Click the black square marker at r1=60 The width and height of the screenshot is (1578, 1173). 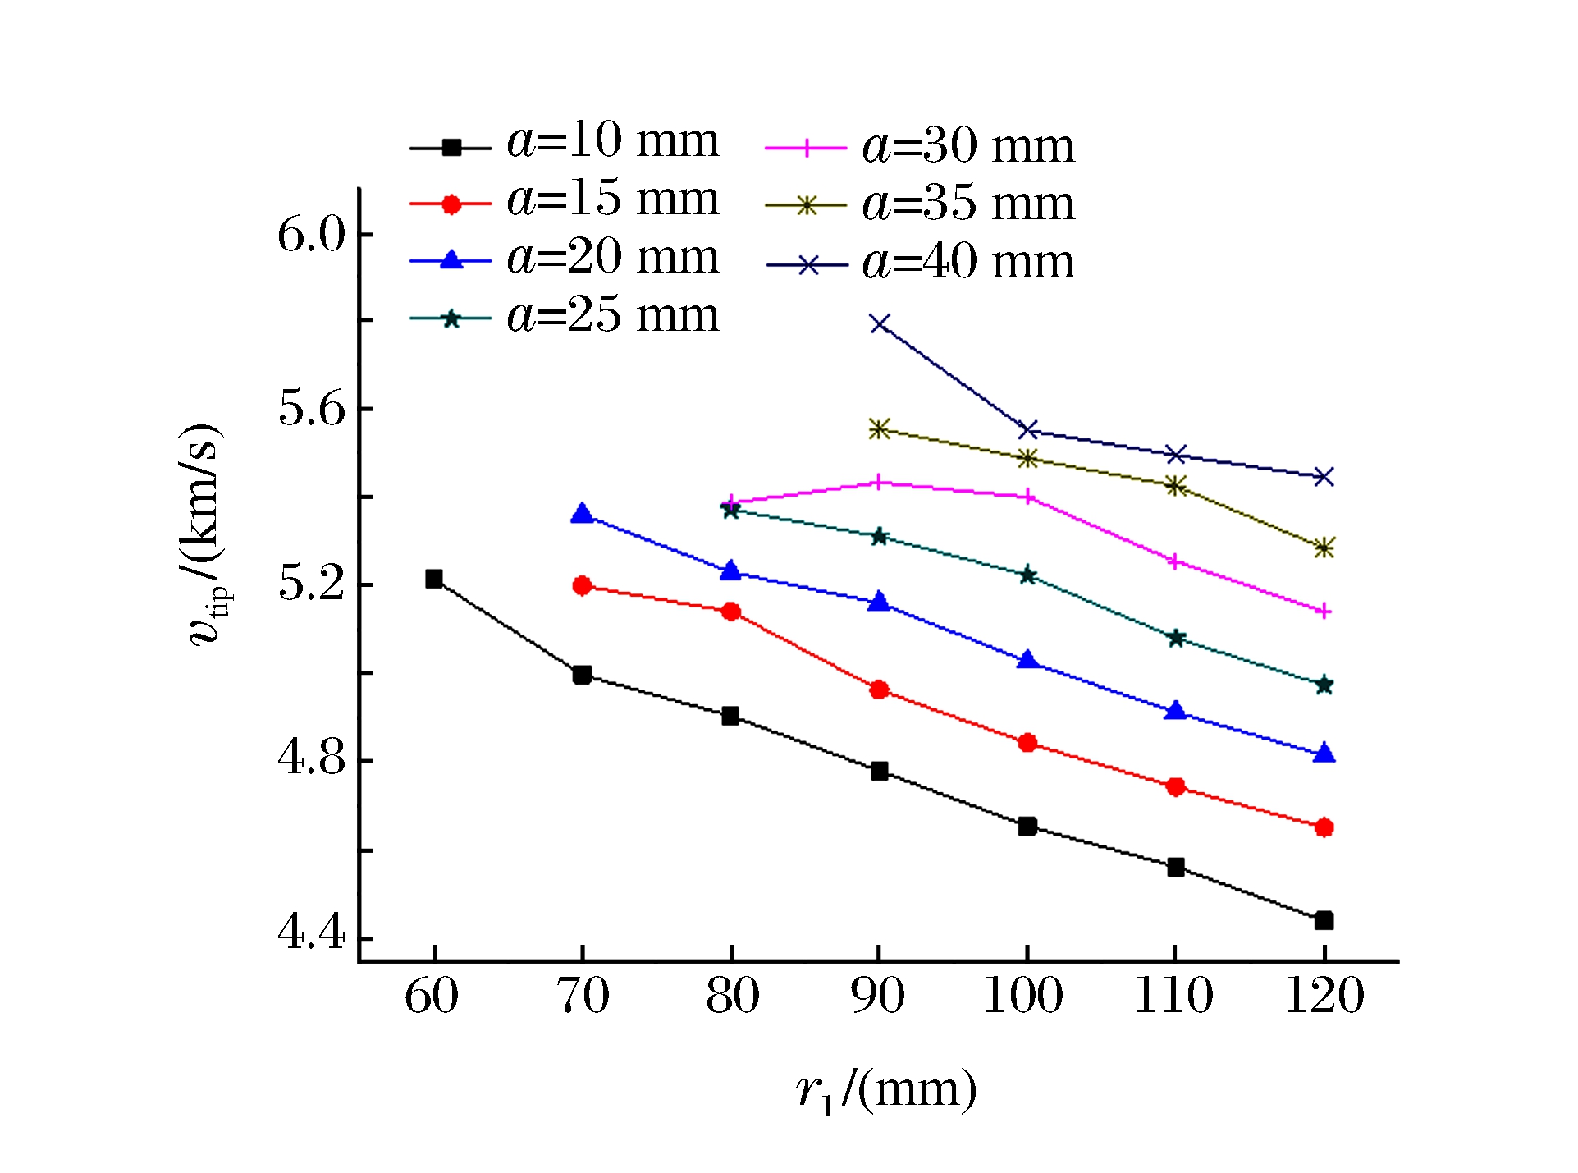(434, 579)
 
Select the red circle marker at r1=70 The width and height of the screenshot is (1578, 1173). (582, 585)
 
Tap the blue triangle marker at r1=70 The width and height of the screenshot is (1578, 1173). (582, 514)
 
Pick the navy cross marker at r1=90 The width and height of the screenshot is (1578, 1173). (880, 323)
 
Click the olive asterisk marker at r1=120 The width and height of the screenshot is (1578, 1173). (1324, 548)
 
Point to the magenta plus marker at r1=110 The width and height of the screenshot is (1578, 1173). (1175, 562)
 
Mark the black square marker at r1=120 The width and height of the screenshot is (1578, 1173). (1324, 920)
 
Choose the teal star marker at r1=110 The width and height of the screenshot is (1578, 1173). (1176, 638)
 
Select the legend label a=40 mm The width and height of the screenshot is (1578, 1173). (968, 263)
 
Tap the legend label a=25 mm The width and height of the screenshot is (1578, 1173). (612, 315)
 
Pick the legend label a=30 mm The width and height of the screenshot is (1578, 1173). (968, 146)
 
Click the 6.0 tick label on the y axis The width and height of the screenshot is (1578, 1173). (312, 235)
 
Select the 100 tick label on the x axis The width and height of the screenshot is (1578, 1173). (1023, 997)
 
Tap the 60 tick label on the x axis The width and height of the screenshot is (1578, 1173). (432, 997)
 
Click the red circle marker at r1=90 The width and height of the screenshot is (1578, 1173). (880, 690)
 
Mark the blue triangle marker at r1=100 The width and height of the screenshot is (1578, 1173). (1027, 660)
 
